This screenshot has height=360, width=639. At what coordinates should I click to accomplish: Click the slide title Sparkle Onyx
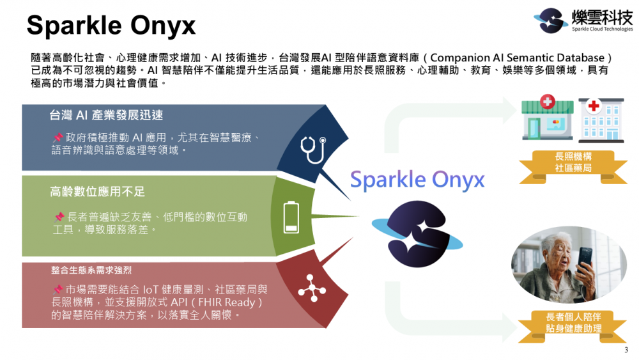[111, 26]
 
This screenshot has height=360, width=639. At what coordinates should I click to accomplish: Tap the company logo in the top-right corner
[583, 20]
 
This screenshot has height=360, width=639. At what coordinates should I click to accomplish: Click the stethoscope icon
[313, 150]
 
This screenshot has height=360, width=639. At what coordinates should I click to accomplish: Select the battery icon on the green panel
[291, 217]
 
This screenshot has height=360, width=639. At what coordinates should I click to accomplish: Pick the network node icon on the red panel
[312, 288]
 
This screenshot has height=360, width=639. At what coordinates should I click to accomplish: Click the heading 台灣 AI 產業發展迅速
[106, 115]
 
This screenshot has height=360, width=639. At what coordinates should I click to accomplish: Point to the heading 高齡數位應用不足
[97, 192]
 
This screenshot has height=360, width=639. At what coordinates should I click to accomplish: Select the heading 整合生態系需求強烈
[91, 270]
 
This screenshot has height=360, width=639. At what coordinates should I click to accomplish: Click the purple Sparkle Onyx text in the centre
[417, 180]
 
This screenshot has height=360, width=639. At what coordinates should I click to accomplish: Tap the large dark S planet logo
[417, 233]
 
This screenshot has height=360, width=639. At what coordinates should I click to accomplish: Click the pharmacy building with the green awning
[548, 118]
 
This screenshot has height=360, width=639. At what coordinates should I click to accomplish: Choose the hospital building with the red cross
[601, 120]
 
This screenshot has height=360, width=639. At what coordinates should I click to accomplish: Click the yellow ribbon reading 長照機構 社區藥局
[573, 167]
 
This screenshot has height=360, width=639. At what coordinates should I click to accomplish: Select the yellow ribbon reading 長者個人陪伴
[573, 326]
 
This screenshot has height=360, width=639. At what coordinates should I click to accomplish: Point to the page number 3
[626, 350]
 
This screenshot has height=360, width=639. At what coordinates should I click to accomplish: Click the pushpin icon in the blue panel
[58, 137]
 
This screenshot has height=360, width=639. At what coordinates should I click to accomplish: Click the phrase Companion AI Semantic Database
[517, 58]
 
